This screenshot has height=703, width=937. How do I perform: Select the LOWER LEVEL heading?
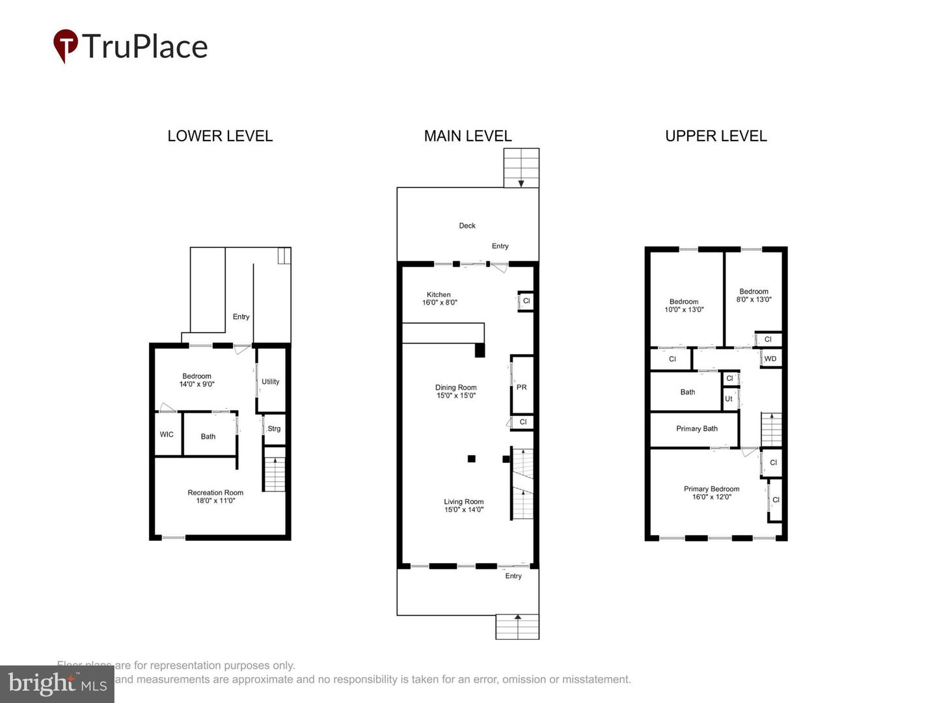220,136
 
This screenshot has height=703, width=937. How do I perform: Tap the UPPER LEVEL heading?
716,136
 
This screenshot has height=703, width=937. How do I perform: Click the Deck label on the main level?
467,226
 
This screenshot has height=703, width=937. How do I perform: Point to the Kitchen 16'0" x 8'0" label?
439,299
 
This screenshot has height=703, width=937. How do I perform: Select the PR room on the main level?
522,387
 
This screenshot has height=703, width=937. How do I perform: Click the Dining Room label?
456,391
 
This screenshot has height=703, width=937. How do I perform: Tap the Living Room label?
464,506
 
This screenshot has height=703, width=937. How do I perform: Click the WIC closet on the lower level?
167,434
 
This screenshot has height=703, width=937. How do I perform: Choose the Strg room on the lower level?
274,429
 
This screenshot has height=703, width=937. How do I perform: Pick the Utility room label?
271,382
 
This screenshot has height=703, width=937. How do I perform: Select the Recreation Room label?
215,497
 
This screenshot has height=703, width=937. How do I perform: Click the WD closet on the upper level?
770,359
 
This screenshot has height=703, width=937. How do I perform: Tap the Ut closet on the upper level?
729,399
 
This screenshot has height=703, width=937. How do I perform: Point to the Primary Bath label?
697,429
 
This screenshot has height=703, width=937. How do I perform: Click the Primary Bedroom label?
711,493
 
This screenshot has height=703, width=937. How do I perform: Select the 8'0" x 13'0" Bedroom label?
754,296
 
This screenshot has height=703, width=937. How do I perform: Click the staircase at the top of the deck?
521,168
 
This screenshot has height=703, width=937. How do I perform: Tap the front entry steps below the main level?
517,627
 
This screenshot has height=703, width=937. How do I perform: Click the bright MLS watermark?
57,684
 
